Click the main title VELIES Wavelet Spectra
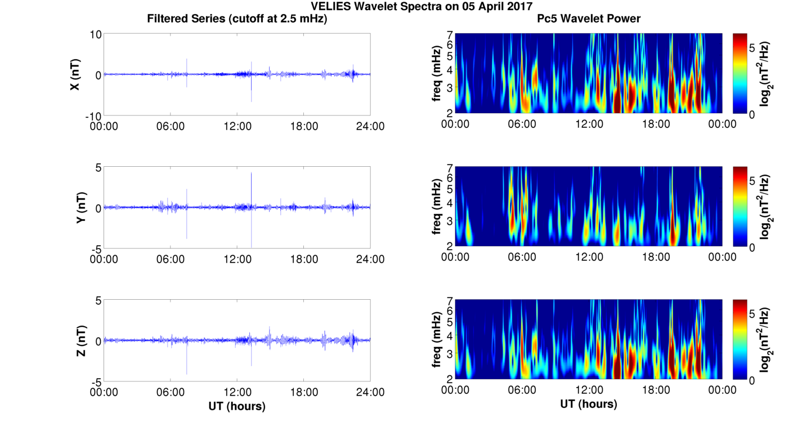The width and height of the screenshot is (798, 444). point(398,6)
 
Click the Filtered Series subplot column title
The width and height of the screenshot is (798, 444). point(237,19)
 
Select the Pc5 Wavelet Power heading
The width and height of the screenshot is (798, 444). point(589,19)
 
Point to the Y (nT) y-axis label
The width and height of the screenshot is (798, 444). point(82,207)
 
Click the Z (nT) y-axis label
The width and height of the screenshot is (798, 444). point(82,341)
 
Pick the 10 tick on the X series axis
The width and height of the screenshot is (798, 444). point(95,34)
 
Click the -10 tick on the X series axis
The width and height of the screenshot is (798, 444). point(92,116)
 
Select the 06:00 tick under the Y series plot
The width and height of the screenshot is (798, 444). point(171,259)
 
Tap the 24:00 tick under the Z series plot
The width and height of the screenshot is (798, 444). point(370,392)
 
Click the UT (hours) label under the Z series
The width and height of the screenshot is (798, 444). point(237,406)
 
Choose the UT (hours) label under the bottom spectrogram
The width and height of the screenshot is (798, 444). point(589,404)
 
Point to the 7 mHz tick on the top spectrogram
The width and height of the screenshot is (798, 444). point(450,35)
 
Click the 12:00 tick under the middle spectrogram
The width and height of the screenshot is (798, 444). point(589,257)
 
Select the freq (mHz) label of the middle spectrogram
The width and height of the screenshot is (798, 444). point(437,207)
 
